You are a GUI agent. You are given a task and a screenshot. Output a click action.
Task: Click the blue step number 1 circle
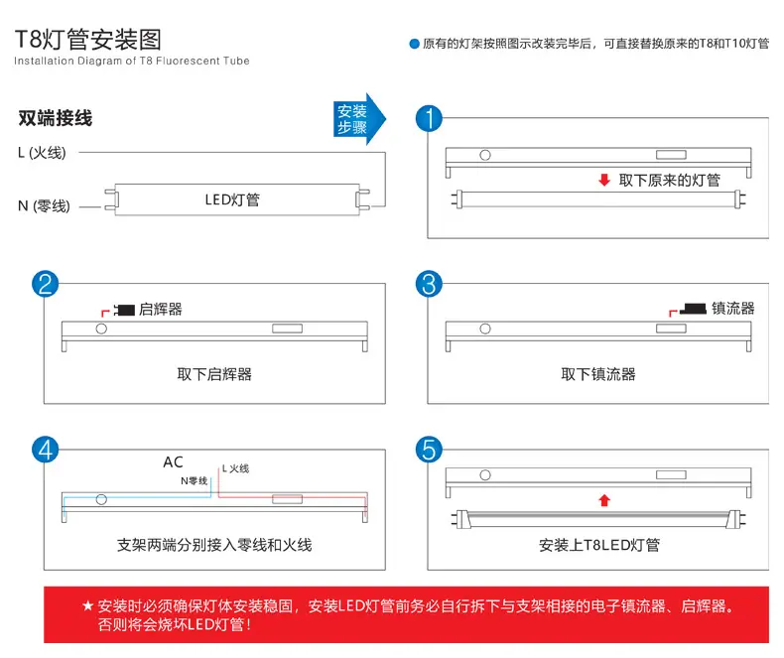coord(429,118)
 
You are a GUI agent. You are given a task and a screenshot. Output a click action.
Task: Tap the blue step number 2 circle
coord(45,284)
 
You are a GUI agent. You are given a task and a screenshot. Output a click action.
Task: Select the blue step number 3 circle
coord(429,284)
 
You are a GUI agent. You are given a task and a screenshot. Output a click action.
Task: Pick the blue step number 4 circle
coord(45,450)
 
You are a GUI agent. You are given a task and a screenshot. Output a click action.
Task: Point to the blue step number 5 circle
coord(429,450)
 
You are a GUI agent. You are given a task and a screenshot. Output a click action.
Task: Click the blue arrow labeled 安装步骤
coord(359,119)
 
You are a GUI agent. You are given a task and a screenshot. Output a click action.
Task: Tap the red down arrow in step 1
coord(604,180)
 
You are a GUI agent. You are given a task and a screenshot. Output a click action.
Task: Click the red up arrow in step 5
coord(604,500)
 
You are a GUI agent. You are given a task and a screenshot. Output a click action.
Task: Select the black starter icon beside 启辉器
coord(124,310)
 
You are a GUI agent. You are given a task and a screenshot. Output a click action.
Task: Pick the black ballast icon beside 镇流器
coord(693,309)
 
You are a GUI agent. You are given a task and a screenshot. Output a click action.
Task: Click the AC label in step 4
coord(173,462)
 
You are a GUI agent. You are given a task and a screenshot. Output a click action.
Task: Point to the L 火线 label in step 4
coord(235,468)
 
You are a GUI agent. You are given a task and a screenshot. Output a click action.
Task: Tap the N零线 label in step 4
coord(194,480)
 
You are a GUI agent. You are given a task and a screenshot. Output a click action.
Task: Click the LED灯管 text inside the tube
coord(232,200)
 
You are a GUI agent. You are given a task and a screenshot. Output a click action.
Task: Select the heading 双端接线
coord(55,118)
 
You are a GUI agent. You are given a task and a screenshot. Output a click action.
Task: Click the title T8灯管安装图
coord(88,40)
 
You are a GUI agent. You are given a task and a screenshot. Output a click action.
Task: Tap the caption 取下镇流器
coord(598,374)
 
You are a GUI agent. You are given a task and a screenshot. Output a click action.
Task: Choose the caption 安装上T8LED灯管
coord(599,545)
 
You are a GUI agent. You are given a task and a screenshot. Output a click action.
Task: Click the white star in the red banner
coord(88,606)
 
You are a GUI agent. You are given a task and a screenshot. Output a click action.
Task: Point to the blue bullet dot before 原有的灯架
coord(414,44)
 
